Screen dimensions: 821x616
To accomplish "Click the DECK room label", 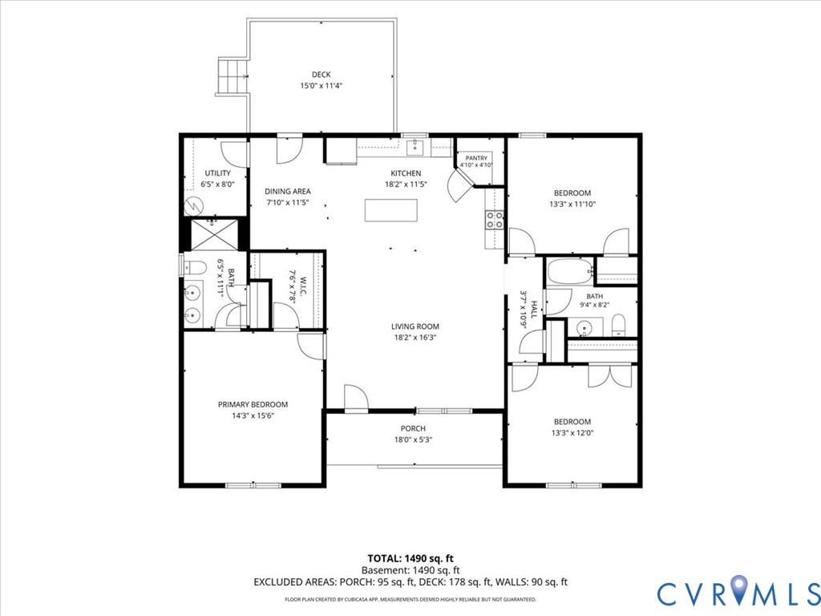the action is pos(321,75).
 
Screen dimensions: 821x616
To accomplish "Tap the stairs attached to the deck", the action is pos(233,76).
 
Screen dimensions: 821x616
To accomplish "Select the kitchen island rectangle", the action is pos(391,211).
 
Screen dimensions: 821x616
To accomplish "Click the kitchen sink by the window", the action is pos(415,148).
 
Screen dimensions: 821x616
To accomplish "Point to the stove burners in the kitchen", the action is pos(494,220).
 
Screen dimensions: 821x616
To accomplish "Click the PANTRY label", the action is pos(476,158).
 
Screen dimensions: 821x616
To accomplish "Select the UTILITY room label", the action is pos(218,173).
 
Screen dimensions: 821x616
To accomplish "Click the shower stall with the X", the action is pos(213,235).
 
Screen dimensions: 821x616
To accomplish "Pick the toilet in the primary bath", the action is pos(194,267).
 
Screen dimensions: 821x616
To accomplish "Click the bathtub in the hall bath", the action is pos(570,271).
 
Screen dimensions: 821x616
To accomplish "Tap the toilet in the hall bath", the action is pos(618,326).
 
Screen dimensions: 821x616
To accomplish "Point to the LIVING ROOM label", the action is pos(415,326).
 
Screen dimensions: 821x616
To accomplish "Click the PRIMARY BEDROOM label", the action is pos(253,404).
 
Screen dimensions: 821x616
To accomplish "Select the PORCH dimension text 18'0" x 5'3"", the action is pos(413,440).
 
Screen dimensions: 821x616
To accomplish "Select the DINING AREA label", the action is pos(288,191).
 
